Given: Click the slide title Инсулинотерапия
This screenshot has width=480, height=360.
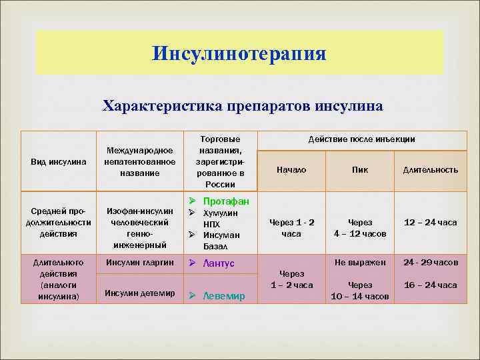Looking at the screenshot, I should [x=239, y=53].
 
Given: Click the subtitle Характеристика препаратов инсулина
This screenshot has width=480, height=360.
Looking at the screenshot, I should [x=242, y=106].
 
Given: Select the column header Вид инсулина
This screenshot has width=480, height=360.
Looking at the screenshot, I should [x=59, y=162].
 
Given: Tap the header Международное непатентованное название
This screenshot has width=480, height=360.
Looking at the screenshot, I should [x=141, y=162].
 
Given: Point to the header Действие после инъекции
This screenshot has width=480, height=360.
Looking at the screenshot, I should [x=361, y=139].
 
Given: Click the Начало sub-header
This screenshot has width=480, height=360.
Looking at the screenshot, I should [x=291, y=170].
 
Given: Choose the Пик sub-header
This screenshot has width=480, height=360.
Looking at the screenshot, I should [x=360, y=170].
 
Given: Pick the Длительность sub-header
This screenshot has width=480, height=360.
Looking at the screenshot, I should [x=430, y=170].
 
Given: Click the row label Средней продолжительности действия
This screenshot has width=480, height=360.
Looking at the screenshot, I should [x=59, y=223].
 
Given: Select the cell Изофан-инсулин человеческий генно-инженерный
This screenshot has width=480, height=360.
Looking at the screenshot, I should [x=141, y=227].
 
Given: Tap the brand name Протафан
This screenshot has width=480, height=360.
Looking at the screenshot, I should [x=226, y=201].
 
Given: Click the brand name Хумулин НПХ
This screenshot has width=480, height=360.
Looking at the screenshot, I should [x=220, y=218].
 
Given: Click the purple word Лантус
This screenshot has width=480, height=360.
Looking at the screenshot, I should [x=219, y=263].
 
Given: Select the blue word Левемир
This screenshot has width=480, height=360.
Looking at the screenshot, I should [x=223, y=296].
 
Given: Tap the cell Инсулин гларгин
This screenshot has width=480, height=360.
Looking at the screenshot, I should [x=141, y=263].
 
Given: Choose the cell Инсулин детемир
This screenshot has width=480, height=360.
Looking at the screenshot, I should [x=141, y=293].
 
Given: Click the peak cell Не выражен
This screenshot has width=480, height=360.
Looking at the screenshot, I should [x=360, y=263].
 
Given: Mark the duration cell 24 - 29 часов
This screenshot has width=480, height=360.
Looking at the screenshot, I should [x=430, y=263].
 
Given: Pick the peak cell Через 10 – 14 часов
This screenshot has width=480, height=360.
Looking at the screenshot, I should [x=360, y=290].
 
